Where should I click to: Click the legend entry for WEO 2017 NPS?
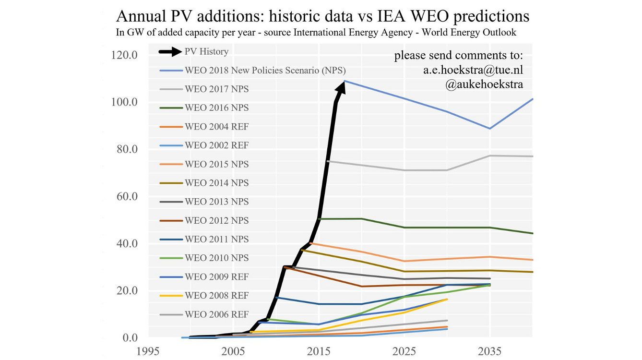pos(216,89)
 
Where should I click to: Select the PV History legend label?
pos(206,51)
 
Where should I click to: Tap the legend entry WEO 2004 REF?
pos(216,127)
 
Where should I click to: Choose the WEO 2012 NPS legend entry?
pos(216,221)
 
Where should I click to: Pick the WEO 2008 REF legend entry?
pos(216,296)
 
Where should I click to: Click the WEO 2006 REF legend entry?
pos(216,315)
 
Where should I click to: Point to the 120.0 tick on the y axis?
pos(124,55)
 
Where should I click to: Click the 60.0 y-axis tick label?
pos(124,196)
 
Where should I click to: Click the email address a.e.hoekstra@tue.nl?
pos(473,70)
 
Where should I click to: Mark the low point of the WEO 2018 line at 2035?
pos(490,129)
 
